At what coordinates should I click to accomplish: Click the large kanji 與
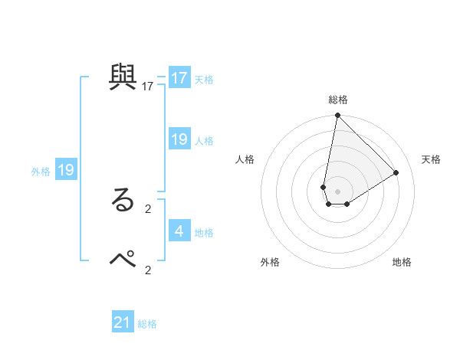[x=123, y=77]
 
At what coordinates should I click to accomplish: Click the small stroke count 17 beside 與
[x=148, y=86]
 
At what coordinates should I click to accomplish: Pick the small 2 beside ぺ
[x=148, y=270]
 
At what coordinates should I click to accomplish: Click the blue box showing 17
[x=179, y=78]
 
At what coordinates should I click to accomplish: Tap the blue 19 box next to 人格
[x=179, y=139]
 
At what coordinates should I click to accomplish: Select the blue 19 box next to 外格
[x=66, y=170]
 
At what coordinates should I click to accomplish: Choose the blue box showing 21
[x=123, y=322]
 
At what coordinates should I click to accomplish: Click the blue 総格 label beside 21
[x=147, y=324]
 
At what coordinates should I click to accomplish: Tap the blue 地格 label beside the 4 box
[x=204, y=232]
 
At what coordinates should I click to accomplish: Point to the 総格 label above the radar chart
[x=338, y=100]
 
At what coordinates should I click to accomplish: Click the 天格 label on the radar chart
[x=431, y=159]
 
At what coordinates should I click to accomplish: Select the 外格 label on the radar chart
[x=270, y=262]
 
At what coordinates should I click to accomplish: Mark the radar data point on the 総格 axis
[x=337, y=116]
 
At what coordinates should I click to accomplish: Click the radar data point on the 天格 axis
[x=396, y=172]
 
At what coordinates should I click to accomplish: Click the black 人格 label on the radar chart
[x=245, y=159]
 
